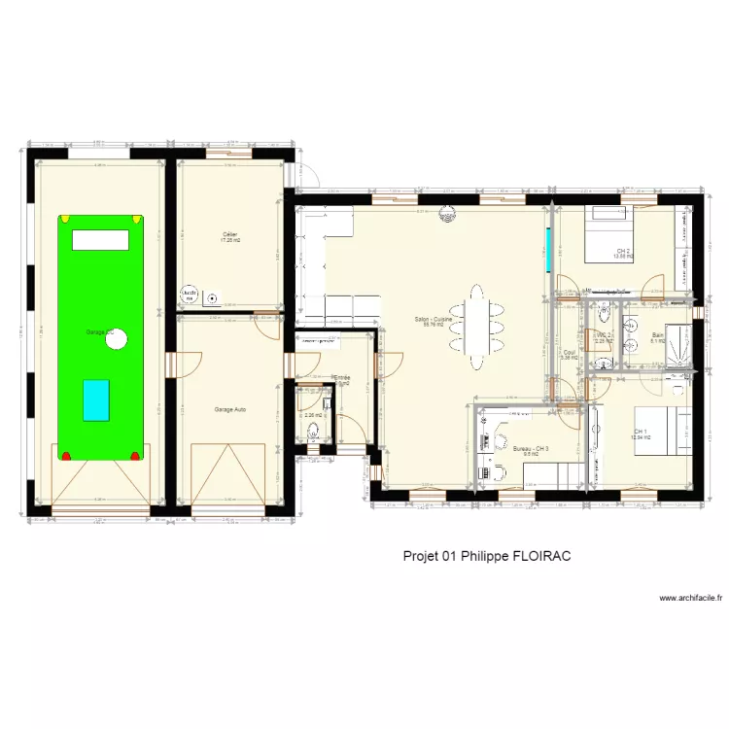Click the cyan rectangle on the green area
96,399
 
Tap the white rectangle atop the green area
101,239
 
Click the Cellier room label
230,234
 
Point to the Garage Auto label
230,409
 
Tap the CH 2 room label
623,252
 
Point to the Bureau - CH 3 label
530,448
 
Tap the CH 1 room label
640,432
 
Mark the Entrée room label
341,379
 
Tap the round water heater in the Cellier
188,294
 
